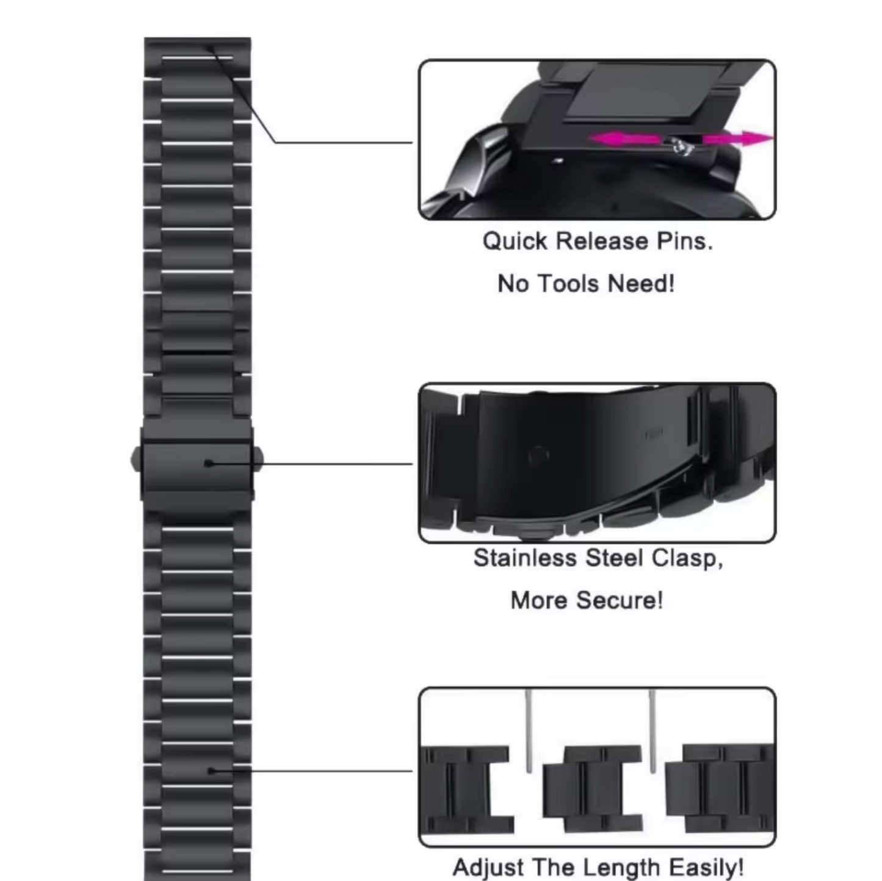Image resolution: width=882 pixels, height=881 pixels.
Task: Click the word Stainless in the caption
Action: (524, 558)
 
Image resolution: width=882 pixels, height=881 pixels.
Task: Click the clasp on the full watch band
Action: (197, 464)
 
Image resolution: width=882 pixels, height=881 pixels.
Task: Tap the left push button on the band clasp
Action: (136, 459)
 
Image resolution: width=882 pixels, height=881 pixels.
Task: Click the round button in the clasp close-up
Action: (538, 455)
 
